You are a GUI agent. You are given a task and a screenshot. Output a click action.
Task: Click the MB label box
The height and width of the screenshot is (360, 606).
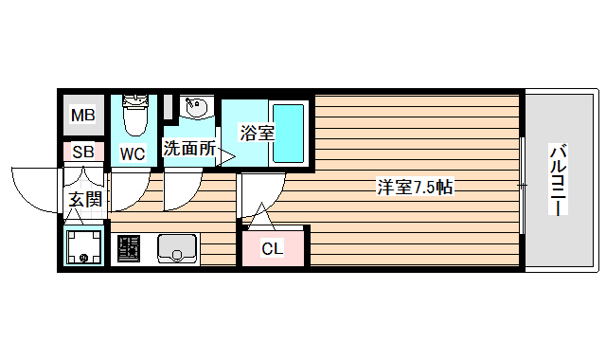coord(83,117)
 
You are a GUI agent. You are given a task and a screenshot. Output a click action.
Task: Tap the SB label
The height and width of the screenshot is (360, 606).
coord(83,152)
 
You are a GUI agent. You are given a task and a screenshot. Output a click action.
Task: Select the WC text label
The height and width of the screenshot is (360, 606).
coord(132,153)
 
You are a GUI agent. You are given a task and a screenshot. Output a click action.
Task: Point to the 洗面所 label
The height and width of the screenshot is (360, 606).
coord(189,149)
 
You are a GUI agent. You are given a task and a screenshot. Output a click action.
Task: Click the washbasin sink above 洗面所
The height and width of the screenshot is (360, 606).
coord(197,111)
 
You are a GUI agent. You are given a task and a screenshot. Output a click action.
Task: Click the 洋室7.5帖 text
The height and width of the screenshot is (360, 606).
coord(415,188)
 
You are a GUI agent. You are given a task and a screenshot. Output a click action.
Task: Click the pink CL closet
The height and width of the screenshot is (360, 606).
coord(273,248)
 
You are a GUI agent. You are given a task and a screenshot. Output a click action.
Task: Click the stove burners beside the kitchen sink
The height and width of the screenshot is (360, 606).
coord(128,250)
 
